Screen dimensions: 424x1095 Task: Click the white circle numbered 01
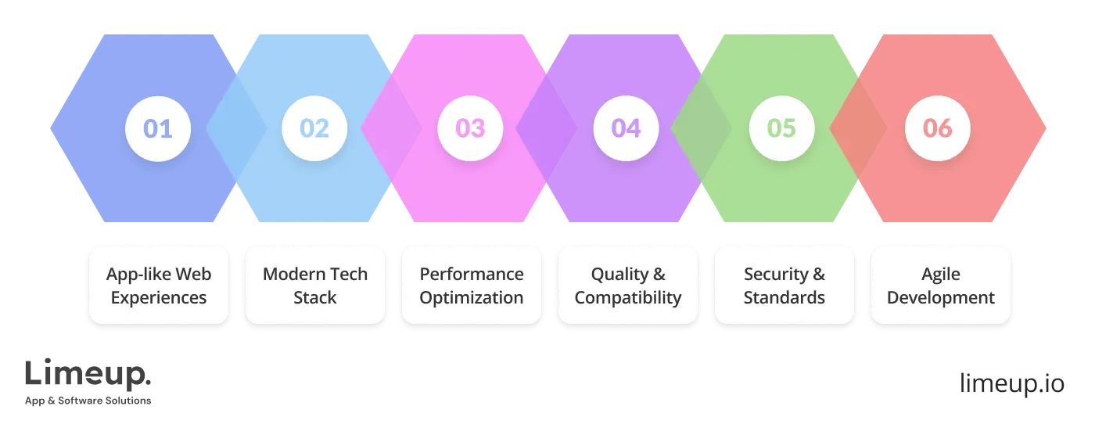(158, 128)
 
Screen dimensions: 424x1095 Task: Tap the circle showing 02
(314, 128)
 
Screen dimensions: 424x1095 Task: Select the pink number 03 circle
(470, 128)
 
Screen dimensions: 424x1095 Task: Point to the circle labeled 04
(626, 128)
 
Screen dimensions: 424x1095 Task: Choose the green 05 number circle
(782, 128)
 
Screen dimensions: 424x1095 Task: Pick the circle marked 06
(938, 128)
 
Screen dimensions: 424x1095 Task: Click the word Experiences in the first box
(159, 298)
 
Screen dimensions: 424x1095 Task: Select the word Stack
(314, 298)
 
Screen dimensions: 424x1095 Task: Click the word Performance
(472, 274)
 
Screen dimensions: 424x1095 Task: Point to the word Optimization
(472, 298)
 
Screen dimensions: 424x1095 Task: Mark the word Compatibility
(628, 298)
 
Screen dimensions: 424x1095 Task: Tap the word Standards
(784, 298)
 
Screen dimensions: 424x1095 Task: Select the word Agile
(941, 274)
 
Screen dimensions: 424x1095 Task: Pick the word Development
(941, 298)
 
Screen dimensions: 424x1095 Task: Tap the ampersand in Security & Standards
(819, 274)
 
